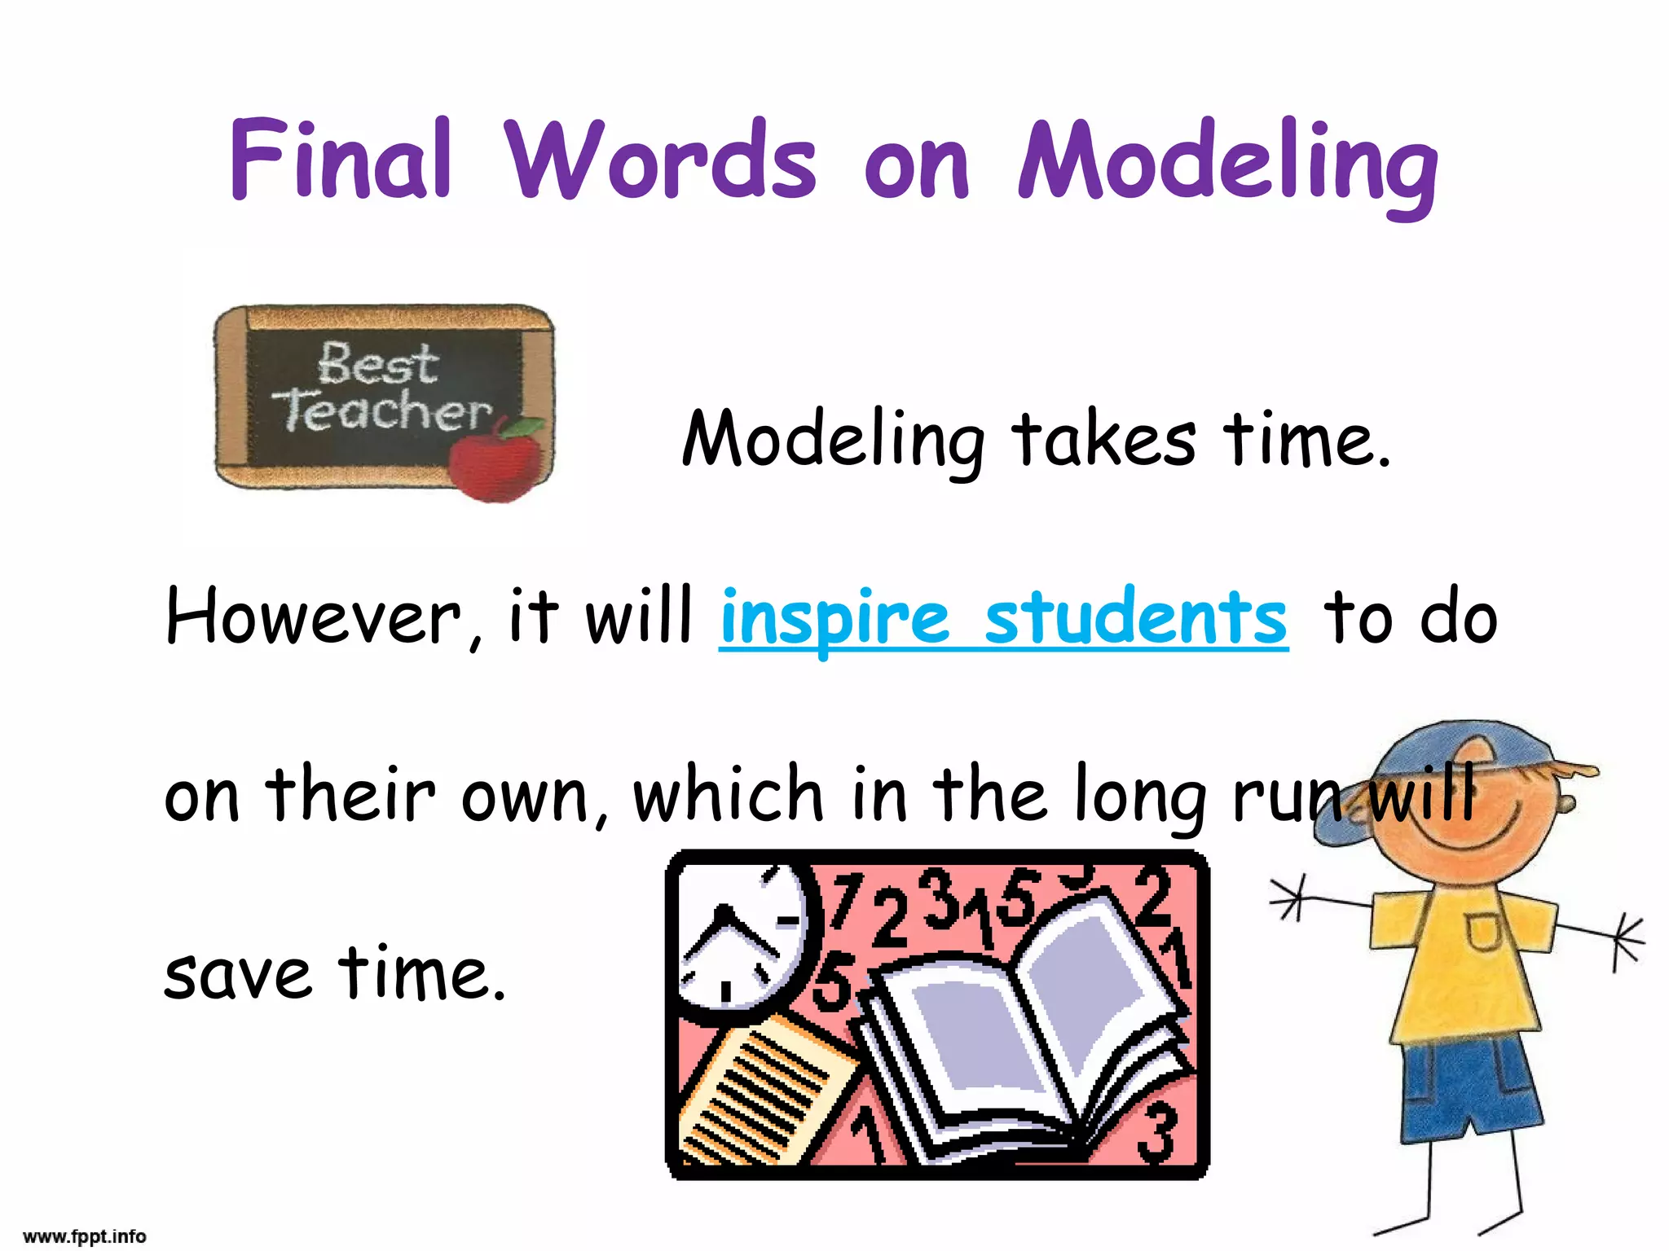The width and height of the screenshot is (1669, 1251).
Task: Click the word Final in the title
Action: tap(341, 160)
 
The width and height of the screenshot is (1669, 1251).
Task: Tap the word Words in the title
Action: tap(660, 160)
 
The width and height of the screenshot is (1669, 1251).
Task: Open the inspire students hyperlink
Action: tap(1003, 619)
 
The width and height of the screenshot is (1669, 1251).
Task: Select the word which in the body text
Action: tap(729, 794)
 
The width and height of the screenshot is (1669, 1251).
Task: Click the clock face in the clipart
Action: tap(738, 937)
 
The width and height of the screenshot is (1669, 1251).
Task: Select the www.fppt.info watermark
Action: tap(85, 1237)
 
